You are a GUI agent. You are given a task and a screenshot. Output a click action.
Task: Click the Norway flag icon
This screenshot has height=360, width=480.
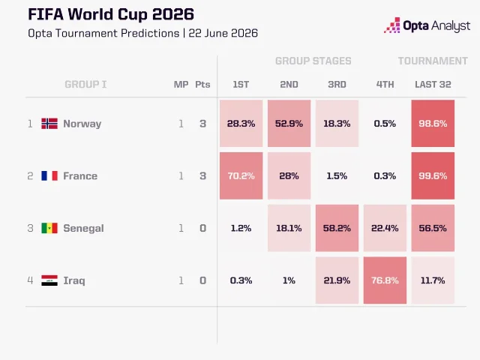click(49, 124)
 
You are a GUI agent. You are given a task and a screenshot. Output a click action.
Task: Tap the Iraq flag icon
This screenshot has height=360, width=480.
click(49, 280)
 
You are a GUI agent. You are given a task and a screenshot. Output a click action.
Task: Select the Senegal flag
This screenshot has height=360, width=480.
click(49, 228)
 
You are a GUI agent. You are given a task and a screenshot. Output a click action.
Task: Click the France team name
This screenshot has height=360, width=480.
click(80, 176)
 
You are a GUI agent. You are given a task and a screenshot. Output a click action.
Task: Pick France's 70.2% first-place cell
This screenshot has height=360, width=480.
click(241, 175)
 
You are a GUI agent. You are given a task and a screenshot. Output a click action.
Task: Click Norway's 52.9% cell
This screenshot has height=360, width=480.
click(289, 123)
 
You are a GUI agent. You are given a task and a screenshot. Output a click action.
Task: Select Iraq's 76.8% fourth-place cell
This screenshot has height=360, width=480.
click(385, 280)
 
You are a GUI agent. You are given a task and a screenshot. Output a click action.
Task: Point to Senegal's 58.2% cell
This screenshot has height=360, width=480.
click(337, 228)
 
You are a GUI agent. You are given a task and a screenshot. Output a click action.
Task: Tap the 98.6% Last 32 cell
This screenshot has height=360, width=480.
click(433, 123)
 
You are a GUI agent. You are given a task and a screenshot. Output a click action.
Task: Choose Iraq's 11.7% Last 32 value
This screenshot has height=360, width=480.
click(433, 280)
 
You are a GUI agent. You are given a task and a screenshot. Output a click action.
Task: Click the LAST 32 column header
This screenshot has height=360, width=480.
click(433, 85)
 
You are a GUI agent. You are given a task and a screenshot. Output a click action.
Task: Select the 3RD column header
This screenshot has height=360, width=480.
click(337, 85)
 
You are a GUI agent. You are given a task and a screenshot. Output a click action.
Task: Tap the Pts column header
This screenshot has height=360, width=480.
click(202, 85)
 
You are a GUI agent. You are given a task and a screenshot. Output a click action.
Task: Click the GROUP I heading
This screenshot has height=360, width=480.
click(85, 85)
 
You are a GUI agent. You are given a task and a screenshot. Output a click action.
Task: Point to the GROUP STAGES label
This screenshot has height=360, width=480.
click(313, 61)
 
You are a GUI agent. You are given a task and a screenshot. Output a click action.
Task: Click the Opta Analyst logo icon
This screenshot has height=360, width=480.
click(392, 25)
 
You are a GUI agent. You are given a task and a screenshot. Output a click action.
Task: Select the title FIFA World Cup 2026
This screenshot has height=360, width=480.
click(111, 14)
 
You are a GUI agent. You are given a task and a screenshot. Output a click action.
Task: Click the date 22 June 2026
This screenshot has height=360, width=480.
click(223, 33)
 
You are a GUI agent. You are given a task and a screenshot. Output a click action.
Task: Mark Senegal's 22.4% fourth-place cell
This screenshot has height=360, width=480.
click(385, 228)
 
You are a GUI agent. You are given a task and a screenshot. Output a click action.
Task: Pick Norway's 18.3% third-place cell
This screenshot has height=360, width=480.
click(337, 123)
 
